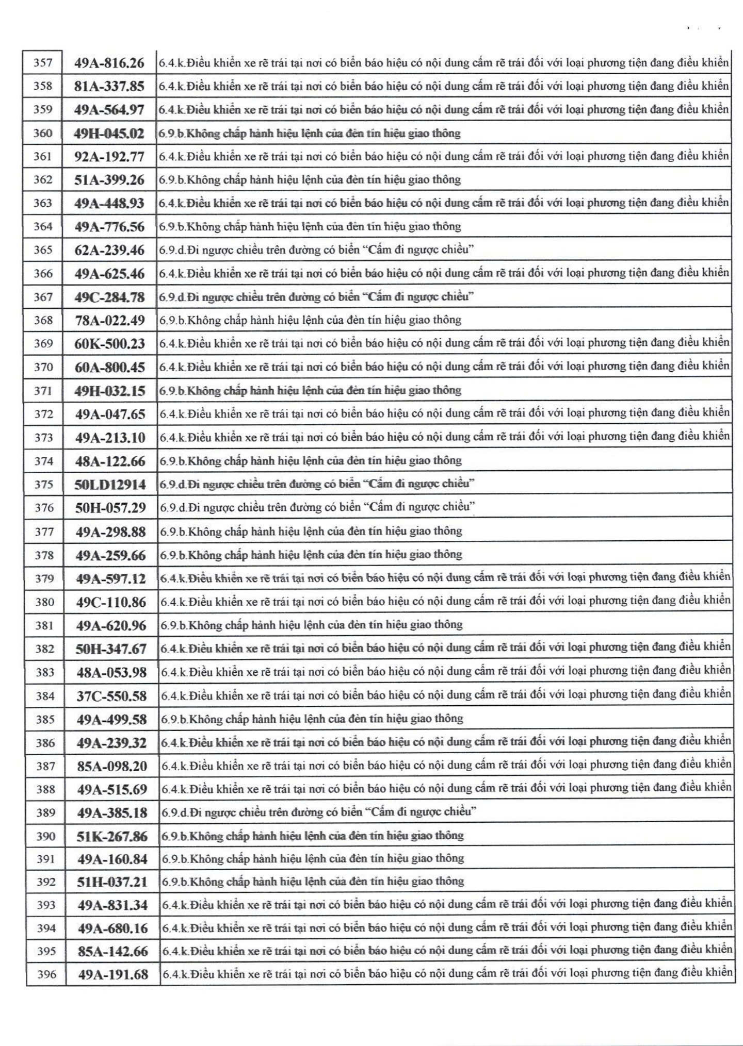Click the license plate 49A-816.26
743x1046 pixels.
(x=109, y=63)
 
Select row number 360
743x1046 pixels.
(x=43, y=133)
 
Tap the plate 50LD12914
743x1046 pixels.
(x=110, y=484)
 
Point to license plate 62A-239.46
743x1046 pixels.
(x=109, y=250)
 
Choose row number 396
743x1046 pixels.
(x=46, y=974)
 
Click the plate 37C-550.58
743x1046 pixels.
(x=111, y=696)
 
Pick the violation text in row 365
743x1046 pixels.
(x=316, y=250)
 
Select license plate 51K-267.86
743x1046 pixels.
(x=112, y=836)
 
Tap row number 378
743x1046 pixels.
(x=44, y=555)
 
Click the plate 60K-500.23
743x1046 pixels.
(x=109, y=344)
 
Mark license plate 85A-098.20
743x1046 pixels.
(x=112, y=766)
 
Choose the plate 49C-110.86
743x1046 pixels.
(x=111, y=602)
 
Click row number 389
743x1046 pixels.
(x=46, y=813)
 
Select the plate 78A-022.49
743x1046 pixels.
(x=109, y=320)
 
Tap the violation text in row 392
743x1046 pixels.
(x=313, y=882)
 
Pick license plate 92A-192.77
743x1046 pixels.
(x=109, y=156)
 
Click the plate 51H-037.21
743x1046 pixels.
(x=112, y=882)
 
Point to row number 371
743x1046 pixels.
(x=43, y=391)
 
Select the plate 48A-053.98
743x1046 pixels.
(x=111, y=672)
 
